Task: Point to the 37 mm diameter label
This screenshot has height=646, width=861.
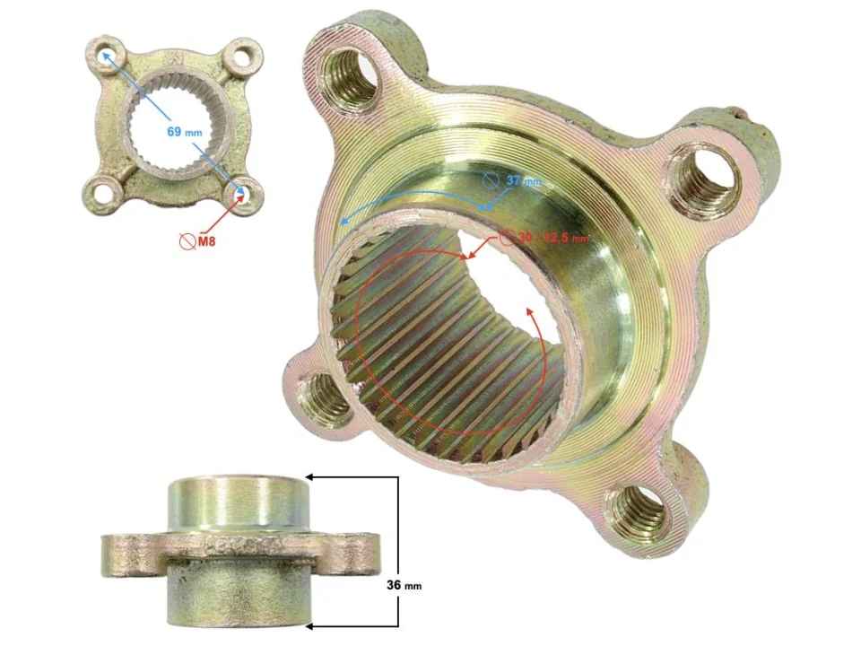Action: (524, 180)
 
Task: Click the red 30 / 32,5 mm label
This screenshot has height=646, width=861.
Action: (552, 239)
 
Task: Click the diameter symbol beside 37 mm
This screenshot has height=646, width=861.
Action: (491, 179)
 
